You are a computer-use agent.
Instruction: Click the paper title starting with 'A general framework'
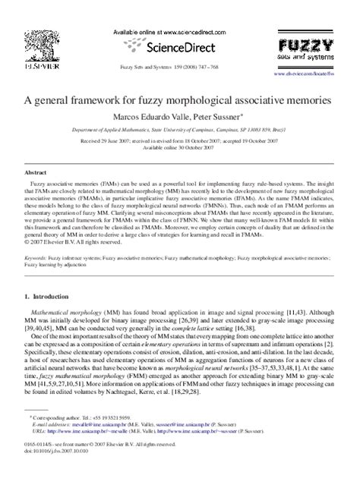coord(179,99)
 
